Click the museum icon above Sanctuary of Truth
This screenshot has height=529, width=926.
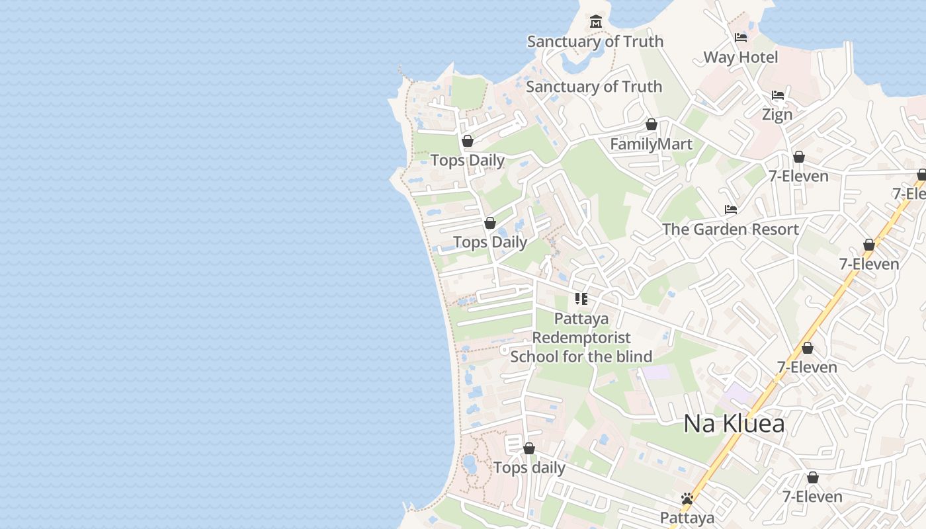596,22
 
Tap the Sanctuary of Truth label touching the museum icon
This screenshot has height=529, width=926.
595,41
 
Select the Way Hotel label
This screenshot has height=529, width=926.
740,57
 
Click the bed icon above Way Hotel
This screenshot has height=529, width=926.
741,38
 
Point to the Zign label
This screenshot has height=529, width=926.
777,114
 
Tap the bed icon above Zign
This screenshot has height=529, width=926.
778,95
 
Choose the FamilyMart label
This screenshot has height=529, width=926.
651,144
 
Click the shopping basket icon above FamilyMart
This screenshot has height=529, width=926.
652,124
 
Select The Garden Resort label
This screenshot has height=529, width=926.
730,229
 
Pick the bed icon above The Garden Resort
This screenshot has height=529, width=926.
731,210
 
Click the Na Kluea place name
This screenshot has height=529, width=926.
734,423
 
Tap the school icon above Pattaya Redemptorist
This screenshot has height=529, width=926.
581,299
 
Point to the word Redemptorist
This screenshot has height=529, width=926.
581,337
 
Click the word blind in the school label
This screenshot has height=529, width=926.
631,356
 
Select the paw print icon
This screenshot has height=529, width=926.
687,499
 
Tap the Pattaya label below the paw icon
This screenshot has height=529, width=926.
687,518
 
